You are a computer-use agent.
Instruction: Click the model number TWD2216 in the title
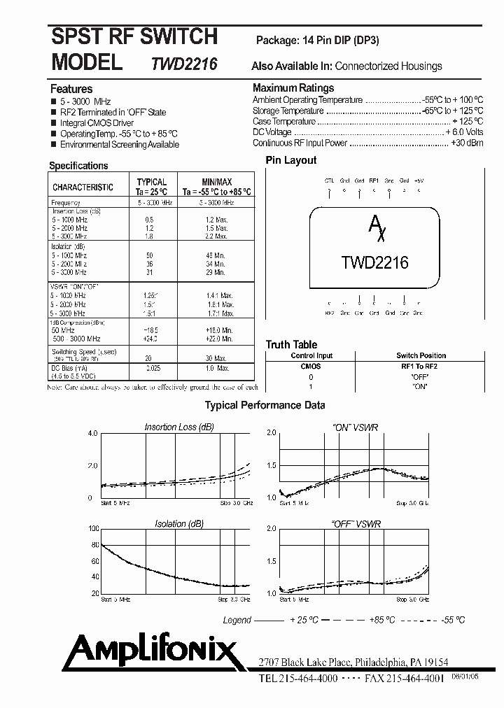184,64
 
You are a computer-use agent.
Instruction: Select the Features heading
71,89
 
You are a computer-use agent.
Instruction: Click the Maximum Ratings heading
293,88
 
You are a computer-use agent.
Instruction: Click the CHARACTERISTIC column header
83,187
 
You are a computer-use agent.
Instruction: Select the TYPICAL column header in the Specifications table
151,183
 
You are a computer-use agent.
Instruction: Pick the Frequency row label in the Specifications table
66,203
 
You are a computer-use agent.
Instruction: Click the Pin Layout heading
290,160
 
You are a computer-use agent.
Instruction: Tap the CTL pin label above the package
329,180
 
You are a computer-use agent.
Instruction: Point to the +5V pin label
419,180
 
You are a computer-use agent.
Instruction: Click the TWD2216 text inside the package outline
374,263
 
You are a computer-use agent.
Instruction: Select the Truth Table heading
291,344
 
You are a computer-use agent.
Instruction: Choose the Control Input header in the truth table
311,355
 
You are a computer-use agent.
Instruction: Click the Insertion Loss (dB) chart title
178,427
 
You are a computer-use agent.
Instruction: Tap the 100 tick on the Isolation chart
93,529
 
